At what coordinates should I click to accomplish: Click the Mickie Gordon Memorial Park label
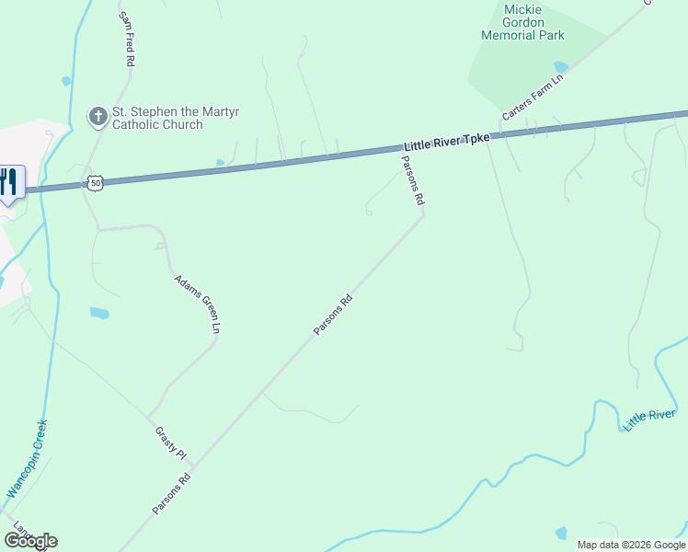[x=522, y=22]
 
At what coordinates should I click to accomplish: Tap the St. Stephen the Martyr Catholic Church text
[x=156, y=118]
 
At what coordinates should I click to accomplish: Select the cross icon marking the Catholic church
[x=97, y=117]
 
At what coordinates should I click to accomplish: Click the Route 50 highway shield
[x=96, y=183]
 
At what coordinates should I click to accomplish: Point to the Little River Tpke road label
[x=446, y=142]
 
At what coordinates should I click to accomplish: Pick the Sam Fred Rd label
[x=127, y=39]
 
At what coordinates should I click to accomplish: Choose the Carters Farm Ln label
[x=532, y=98]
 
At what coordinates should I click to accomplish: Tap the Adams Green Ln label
[x=198, y=303]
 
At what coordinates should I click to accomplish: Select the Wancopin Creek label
[x=27, y=459]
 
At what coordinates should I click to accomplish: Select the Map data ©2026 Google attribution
[x=631, y=545]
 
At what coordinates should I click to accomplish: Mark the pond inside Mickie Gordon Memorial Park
[x=560, y=66]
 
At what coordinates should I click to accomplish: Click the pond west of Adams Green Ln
[x=99, y=313]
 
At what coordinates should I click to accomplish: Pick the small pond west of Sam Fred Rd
[x=66, y=81]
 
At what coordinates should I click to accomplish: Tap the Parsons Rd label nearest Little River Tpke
[x=411, y=179]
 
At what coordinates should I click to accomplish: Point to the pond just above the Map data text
[x=561, y=533]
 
